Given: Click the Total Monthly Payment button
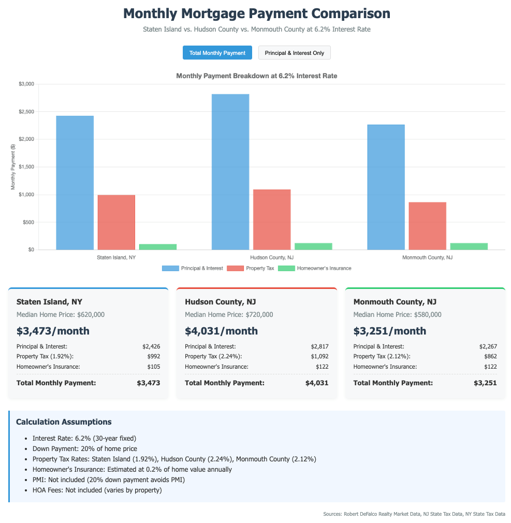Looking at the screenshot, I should pos(217,53).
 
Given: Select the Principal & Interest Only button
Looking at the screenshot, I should pos(294,53).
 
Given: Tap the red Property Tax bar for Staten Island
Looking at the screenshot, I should pos(116,222).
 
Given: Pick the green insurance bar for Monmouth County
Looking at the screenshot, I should pos(469,246).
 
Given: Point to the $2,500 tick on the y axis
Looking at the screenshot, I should pos(26,112).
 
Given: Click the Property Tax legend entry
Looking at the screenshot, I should pos(245,268).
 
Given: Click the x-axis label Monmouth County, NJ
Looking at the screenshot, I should pos(427,257).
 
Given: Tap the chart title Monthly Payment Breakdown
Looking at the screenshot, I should pos(256,76).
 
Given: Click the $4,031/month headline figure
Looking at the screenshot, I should pos(221,331).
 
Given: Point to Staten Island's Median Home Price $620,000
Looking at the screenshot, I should pos(61,314).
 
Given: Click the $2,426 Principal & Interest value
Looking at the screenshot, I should pos(151,346).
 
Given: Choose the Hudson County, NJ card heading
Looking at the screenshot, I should pos(220,301).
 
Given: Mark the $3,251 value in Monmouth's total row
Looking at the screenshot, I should pos(485,383).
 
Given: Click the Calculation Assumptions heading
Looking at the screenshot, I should pos(64,422).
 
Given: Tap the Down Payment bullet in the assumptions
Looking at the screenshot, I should pos(84,448).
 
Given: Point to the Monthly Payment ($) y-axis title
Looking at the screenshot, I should pos(13,167).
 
